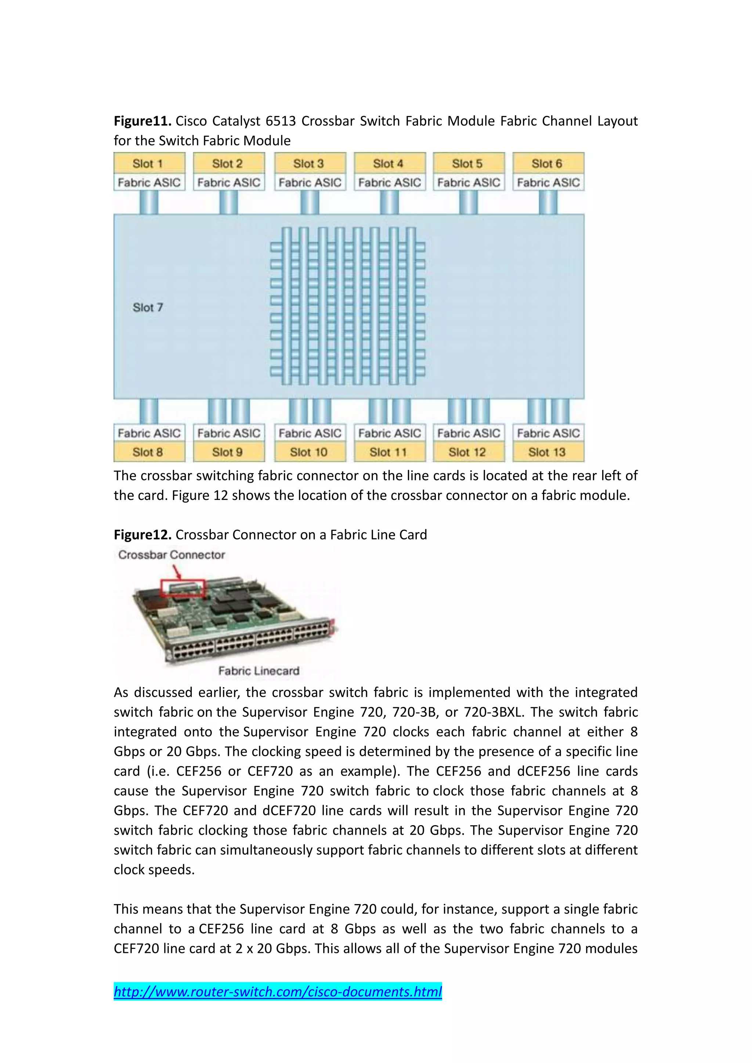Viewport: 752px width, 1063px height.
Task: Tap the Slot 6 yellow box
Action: [548, 163]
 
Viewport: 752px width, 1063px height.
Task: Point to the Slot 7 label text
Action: [148, 308]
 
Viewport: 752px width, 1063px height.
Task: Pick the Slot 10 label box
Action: [309, 452]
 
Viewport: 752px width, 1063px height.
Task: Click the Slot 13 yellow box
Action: [548, 452]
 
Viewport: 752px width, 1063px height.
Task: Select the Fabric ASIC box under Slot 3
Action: [309, 182]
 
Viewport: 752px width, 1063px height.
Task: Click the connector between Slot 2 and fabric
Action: [228, 202]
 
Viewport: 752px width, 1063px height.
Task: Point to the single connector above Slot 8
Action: [149, 411]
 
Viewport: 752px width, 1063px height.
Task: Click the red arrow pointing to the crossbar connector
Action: [177, 573]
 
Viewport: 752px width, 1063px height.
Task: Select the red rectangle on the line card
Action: [182, 588]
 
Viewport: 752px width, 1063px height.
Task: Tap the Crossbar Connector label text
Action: [171, 555]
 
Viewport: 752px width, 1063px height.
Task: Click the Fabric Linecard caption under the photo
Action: [259, 671]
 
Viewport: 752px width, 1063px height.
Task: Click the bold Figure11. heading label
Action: [142, 121]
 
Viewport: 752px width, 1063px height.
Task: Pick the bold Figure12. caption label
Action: [142, 535]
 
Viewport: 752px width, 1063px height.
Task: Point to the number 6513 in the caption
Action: [281, 121]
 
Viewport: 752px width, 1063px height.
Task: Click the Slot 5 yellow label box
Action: [468, 163]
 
